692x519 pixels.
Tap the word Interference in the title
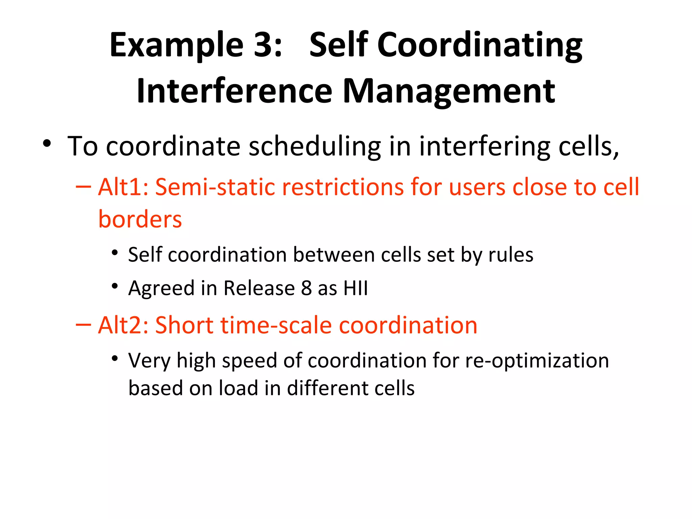[234, 91]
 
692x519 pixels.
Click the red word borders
[140, 219]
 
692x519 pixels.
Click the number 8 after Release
[306, 288]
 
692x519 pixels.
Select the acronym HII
[355, 288]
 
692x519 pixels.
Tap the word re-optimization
[537, 361]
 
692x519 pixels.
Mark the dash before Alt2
[83, 325]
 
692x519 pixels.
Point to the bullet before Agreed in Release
[115, 286]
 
